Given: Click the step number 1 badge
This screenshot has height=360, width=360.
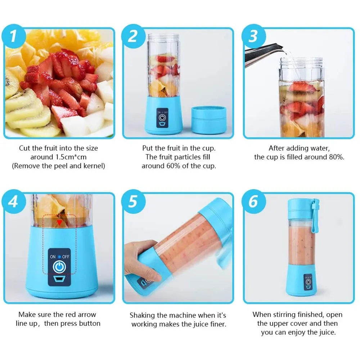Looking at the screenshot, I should tap(13, 37).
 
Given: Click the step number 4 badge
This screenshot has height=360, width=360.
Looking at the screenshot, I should tap(13, 202).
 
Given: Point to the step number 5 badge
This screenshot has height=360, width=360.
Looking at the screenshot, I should tap(133, 202).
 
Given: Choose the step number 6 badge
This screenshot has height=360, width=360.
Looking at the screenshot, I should tap(253, 202).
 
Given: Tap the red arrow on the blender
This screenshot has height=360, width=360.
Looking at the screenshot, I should tap(59, 223).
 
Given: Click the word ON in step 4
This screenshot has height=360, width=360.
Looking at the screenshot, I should tap(53, 257).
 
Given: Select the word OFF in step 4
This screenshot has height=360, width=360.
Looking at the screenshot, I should tap(66, 257).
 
